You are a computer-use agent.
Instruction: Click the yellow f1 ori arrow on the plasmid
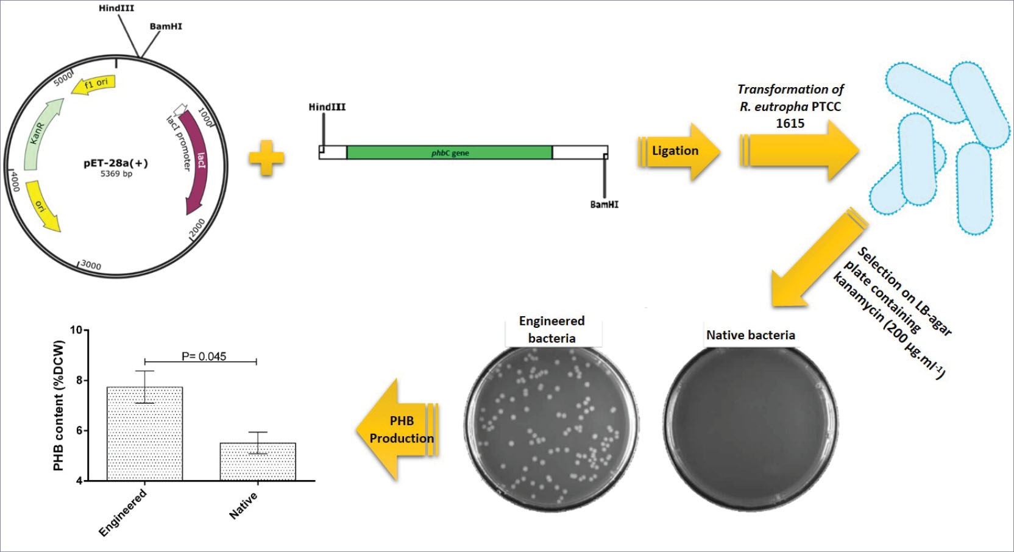point(93,84)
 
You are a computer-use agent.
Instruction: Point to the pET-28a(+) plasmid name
point(116,163)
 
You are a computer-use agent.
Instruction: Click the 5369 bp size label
point(116,174)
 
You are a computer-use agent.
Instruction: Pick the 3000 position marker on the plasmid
point(90,264)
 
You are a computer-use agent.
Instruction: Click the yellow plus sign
point(266,158)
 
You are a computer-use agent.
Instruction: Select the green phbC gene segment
point(449,152)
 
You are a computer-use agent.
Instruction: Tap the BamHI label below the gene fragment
point(604,205)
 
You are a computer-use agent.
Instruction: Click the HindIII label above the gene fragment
point(327,107)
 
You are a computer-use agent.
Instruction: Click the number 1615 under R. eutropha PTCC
point(790,123)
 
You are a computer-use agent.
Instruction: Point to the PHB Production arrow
point(399,430)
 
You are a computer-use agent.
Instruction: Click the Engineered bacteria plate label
point(552,329)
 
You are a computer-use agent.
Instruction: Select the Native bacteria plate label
point(750,335)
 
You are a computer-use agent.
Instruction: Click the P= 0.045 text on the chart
point(204,356)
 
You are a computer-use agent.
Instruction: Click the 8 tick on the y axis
point(79,380)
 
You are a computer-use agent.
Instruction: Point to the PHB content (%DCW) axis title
point(58,405)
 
